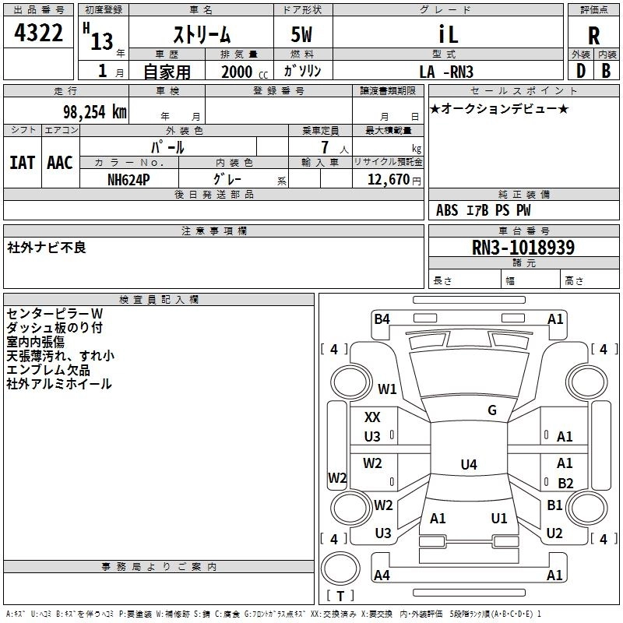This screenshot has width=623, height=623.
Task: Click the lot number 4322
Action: coord(38,33)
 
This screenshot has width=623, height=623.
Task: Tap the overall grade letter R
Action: coord(593,36)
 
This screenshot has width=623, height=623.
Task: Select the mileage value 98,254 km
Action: coord(94,112)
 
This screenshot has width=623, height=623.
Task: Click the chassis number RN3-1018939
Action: coord(523,248)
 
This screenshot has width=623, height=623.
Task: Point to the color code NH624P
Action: coord(128,180)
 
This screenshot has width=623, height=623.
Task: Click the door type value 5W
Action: coord(301,34)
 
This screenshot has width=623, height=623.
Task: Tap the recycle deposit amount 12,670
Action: coord(389,180)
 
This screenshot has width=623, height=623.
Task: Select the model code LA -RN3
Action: coord(446,72)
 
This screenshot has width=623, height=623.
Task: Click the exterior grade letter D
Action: coord(581,71)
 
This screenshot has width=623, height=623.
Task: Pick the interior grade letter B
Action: coord(606,71)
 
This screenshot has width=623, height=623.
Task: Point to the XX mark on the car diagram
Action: coord(372,417)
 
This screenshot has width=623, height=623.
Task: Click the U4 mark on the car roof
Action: coord(469,464)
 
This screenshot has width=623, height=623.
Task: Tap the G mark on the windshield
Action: coord(492,410)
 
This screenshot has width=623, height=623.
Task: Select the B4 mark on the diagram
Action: coord(382,319)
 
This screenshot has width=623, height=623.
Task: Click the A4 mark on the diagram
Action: coord(382,575)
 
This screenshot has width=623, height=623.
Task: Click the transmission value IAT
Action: coord(22,163)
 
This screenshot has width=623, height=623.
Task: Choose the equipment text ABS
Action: coord(447,210)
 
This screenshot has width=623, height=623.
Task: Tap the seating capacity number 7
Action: coord(325,147)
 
